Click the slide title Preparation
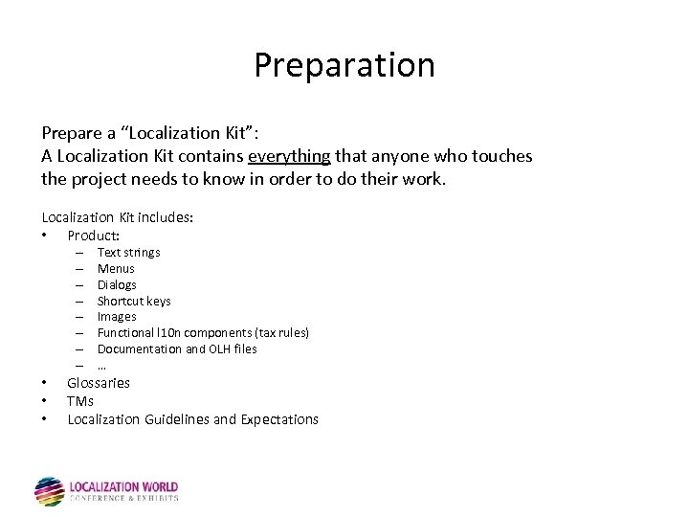click(x=344, y=65)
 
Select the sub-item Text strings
click(x=128, y=253)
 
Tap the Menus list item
click(x=116, y=269)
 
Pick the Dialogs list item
click(x=117, y=285)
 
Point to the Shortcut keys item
click(x=134, y=302)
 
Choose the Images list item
click(x=117, y=317)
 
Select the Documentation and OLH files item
click(x=177, y=349)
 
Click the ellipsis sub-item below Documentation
click(x=101, y=366)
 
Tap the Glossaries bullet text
click(x=99, y=383)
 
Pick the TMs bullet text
click(x=80, y=401)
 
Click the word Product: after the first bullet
click(x=93, y=236)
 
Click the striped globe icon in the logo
click(x=49, y=491)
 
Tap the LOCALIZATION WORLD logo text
click(x=124, y=487)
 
